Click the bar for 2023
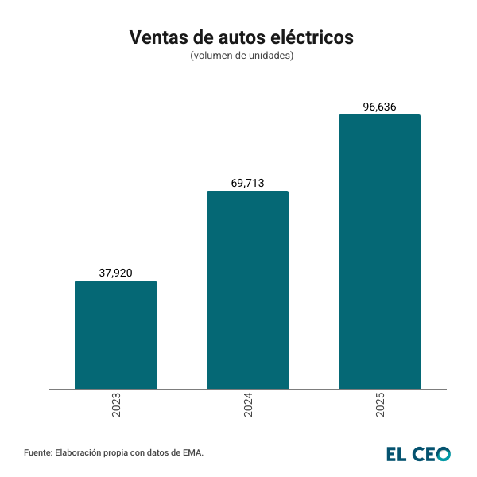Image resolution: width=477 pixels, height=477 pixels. click(x=115, y=335)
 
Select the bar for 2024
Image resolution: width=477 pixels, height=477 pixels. click(x=247, y=290)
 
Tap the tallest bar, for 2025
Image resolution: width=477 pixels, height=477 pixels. click(x=379, y=252)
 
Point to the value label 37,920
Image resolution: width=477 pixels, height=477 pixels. click(x=115, y=273)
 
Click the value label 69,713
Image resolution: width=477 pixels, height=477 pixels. click(x=247, y=183)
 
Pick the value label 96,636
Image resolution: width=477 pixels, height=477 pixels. click(x=379, y=107)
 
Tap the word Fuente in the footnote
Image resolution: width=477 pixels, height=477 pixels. click(x=37, y=452)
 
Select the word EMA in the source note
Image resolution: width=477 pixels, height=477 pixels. click(x=192, y=452)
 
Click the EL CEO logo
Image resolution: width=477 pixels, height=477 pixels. click(x=419, y=453)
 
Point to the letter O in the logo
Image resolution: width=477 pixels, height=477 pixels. click(x=443, y=453)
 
